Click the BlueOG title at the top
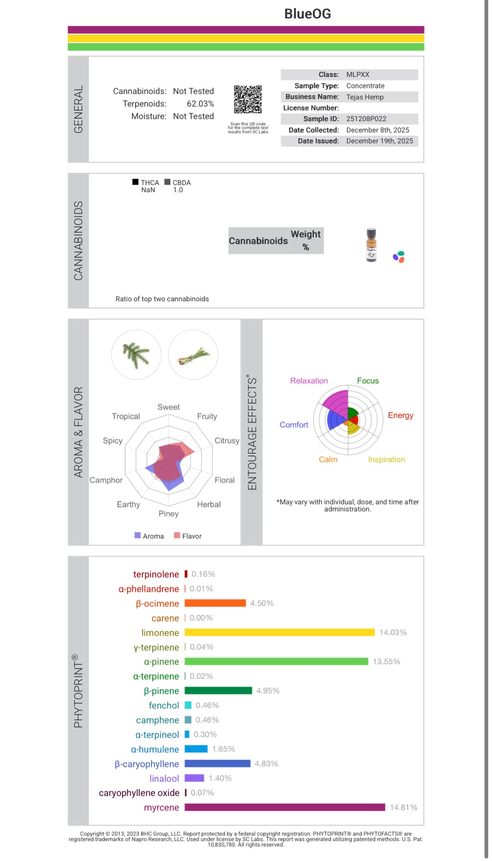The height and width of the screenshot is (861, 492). pos(308,14)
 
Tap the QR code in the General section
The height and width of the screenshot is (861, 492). pos(248,99)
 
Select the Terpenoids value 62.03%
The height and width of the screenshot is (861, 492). pos(200,104)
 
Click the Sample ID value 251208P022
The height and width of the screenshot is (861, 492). pos(366,119)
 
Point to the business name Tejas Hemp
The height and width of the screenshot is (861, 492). pos(365,97)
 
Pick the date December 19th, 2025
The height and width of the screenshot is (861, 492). pos(379,141)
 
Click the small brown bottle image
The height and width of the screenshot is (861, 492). pos(371,245)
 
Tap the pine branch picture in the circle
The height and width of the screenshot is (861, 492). pos(136,355)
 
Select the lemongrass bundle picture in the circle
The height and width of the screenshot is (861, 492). pos(193,355)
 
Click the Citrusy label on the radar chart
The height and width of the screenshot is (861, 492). pos(227,441)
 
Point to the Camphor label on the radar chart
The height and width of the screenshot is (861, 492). pos(106,480)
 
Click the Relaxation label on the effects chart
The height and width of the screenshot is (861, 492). pos(309,381)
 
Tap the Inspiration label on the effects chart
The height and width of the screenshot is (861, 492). pos(386,460)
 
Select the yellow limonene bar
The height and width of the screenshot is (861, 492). pos(280,632)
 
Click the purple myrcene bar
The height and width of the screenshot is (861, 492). pos(285,807)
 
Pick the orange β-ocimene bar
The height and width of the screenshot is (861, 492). pos(215,603)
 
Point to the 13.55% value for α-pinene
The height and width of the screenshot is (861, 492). pos(386,661)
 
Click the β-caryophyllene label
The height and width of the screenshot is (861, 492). pos(146,764)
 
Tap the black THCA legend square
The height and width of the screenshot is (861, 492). pos(135,182)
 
